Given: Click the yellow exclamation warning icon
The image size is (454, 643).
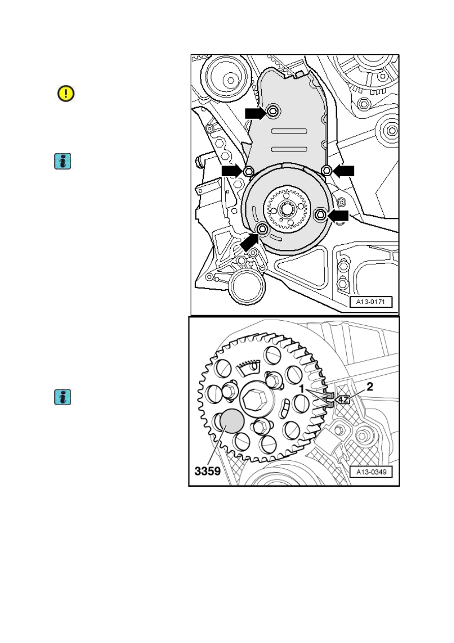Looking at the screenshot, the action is [x=66, y=93].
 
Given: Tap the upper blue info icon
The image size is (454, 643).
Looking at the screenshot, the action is [x=63, y=161].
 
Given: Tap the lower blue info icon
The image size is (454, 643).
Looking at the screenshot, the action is [x=63, y=397].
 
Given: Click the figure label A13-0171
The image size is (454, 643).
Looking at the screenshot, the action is [x=371, y=302].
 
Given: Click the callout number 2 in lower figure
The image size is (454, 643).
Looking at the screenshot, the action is [x=370, y=387].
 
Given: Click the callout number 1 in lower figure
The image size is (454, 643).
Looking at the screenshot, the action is [x=301, y=389].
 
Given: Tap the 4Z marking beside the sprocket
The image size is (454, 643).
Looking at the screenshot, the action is [x=343, y=399].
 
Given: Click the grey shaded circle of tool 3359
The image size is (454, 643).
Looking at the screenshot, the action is [x=232, y=422].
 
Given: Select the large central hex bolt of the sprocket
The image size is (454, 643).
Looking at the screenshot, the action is [x=253, y=399].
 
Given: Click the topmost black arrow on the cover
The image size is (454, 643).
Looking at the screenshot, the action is [x=256, y=114].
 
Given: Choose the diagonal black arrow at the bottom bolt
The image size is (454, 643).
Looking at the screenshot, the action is [x=249, y=242].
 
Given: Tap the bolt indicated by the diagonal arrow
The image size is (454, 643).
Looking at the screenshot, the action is [x=262, y=229].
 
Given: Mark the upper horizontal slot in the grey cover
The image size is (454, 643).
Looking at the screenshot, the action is [x=289, y=131].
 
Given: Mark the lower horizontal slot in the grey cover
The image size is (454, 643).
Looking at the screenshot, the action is [x=289, y=149].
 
